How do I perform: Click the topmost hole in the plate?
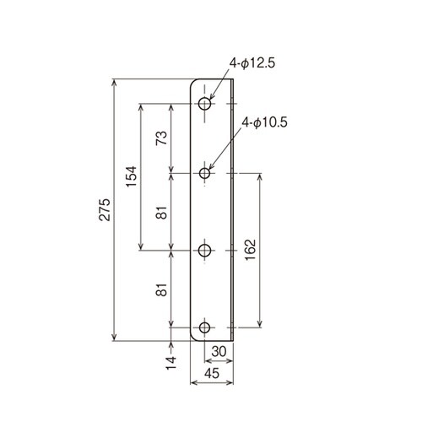click(205, 104)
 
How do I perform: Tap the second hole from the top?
click(205, 173)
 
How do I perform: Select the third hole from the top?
click(205, 250)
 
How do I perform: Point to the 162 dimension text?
click(251, 250)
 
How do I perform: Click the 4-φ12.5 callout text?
click(254, 62)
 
